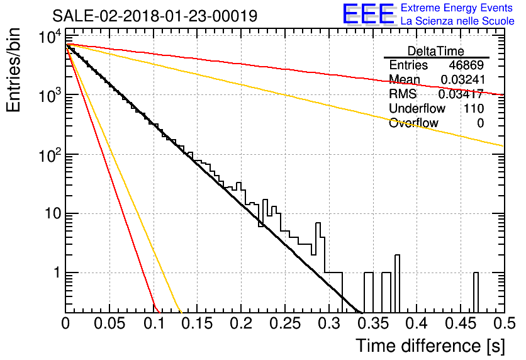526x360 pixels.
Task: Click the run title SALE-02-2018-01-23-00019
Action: (x=155, y=16)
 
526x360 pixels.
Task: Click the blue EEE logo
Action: (x=368, y=14)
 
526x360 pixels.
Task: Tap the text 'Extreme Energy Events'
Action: (x=457, y=8)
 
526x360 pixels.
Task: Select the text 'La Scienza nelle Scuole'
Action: (x=457, y=21)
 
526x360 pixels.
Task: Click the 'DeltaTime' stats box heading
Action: (x=436, y=51)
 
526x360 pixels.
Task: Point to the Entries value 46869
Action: (x=466, y=65)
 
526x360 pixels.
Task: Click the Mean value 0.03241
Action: (x=462, y=79)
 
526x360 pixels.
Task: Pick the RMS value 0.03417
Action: (x=461, y=94)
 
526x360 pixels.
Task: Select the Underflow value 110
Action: (x=474, y=108)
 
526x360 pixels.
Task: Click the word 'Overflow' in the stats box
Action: (x=413, y=123)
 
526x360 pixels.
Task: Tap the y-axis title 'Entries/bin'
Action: (x=13, y=70)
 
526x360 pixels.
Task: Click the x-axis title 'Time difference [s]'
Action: (x=430, y=346)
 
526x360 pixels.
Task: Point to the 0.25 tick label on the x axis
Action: (x=286, y=323)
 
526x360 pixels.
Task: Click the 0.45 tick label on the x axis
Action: (x=461, y=323)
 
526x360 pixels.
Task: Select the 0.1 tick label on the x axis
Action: (x=154, y=323)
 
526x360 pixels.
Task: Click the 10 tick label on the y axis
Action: (x=53, y=214)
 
